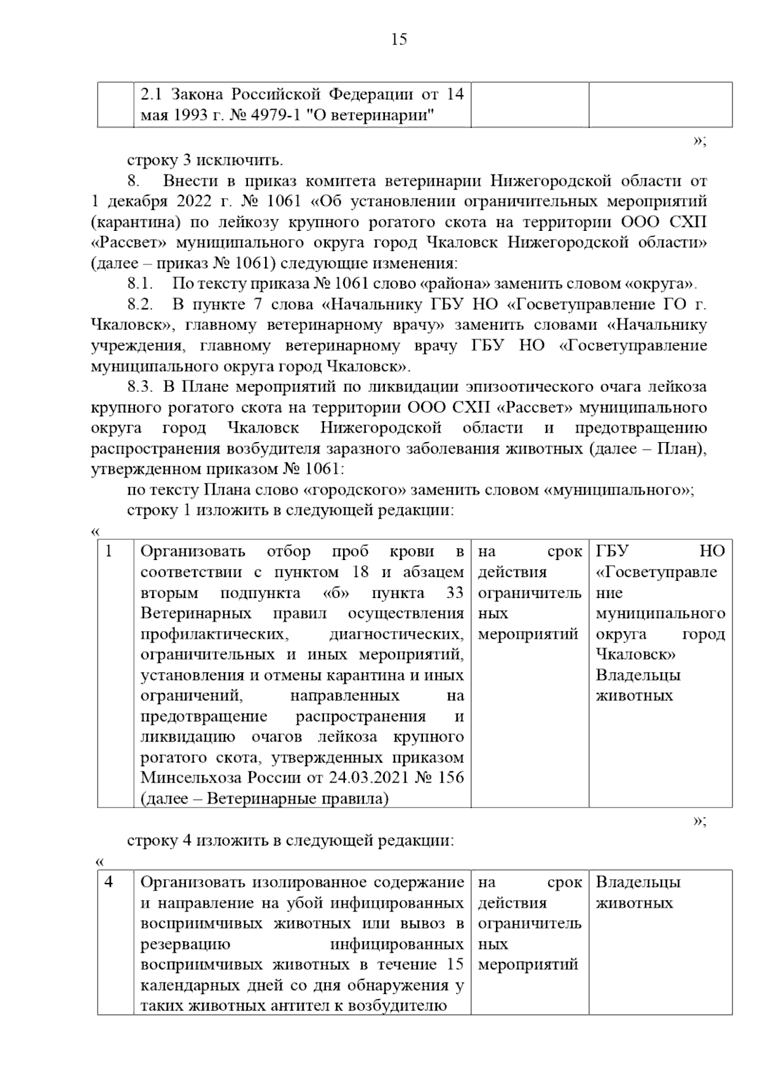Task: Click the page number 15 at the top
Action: pyautogui.click(x=399, y=40)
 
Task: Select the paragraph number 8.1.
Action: pyautogui.click(x=141, y=284)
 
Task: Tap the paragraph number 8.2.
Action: pyautogui.click(x=141, y=304)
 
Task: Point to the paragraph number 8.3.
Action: pyautogui.click(x=141, y=386)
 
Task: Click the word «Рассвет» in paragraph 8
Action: pyautogui.click(x=129, y=243)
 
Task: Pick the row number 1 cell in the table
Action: pyautogui.click(x=109, y=551)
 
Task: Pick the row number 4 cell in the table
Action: pyautogui.click(x=109, y=882)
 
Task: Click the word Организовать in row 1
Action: pyautogui.click(x=193, y=551)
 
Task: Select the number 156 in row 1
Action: pyautogui.click(x=450, y=778)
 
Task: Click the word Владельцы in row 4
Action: pyautogui.click(x=638, y=882)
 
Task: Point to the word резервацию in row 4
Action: pyautogui.click(x=185, y=944)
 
